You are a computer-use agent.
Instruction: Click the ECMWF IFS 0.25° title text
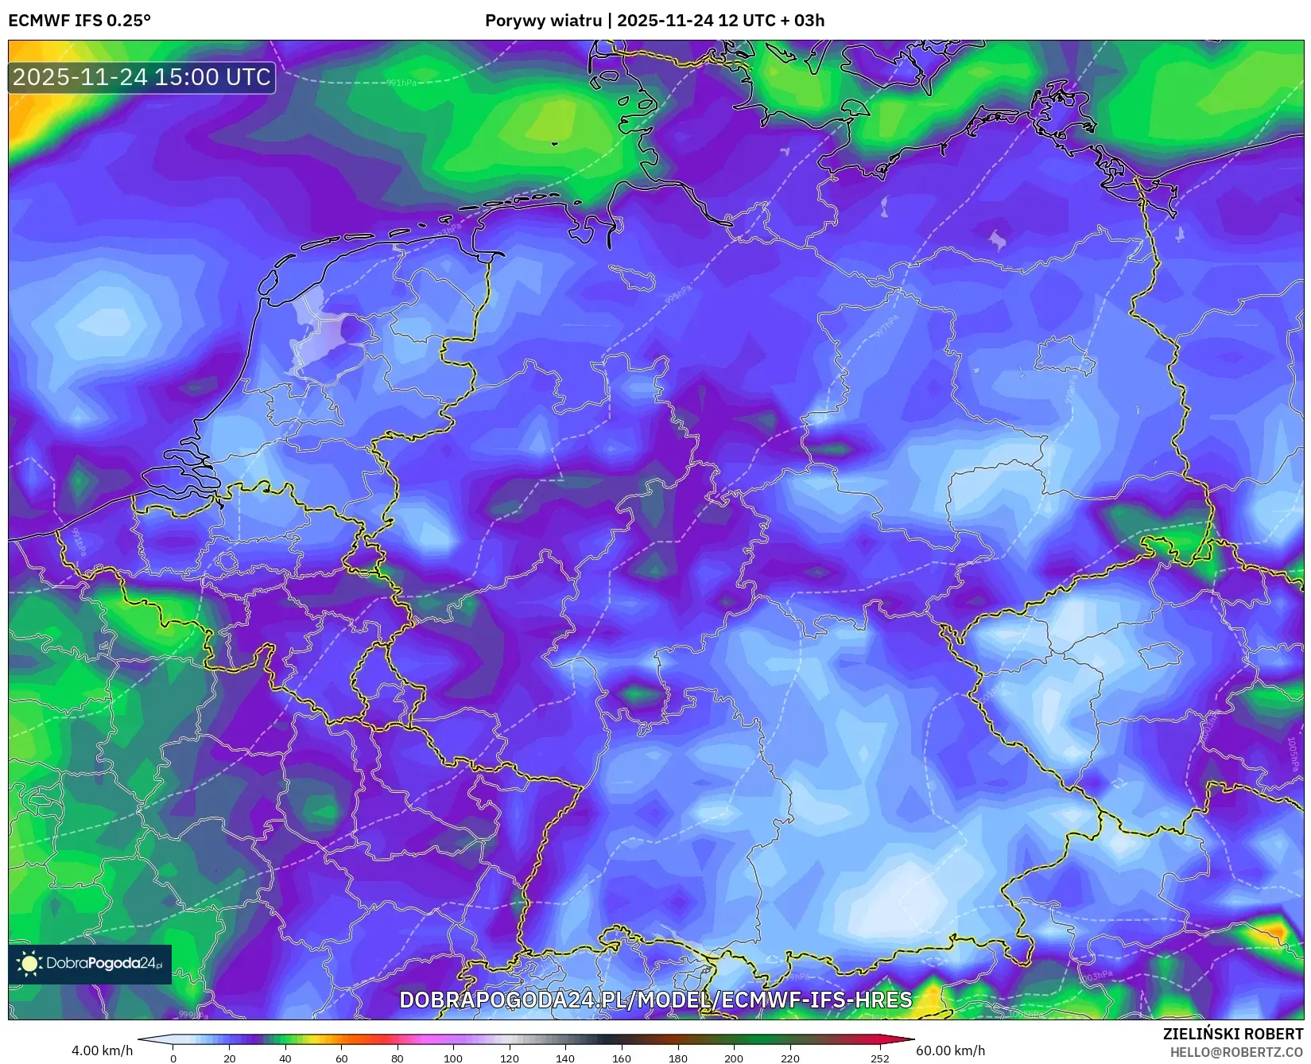(79, 21)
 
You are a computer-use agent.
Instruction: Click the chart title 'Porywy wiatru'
(543, 21)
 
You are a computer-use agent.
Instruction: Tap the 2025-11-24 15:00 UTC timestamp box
(142, 77)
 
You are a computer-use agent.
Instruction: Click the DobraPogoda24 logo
(90, 964)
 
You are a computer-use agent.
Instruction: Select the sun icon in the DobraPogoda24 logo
(30, 964)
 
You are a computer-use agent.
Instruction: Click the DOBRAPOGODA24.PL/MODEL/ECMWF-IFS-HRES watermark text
(655, 1000)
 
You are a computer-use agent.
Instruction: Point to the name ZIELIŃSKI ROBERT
(1233, 1035)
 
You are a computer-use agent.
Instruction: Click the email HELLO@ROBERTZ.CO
(1236, 1052)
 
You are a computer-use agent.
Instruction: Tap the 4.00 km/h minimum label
(102, 1051)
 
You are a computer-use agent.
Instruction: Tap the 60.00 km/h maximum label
(950, 1051)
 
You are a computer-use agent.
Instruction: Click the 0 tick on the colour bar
(173, 1058)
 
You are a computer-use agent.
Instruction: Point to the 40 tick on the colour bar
(285, 1058)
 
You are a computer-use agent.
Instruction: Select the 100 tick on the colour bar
(453, 1058)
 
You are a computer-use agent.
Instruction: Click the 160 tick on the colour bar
(622, 1058)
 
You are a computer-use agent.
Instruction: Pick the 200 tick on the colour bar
(734, 1058)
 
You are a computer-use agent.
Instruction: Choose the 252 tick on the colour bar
(879, 1058)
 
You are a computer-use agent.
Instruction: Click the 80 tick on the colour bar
(398, 1058)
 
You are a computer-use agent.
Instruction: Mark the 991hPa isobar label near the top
(401, 83)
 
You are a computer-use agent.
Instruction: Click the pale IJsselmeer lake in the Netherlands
(318, 338)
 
